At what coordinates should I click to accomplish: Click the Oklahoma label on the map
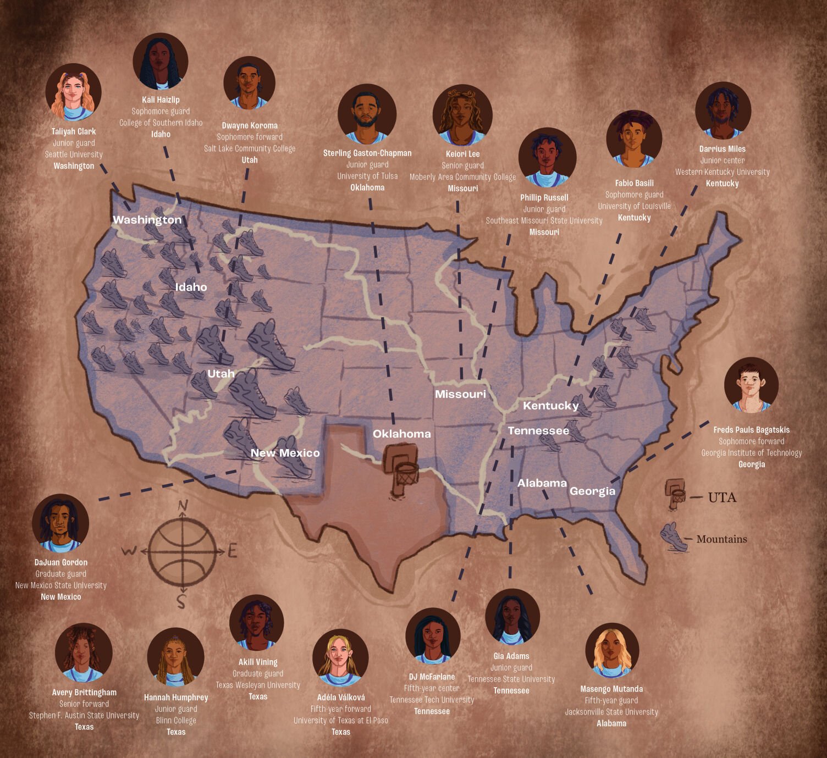point(401,434)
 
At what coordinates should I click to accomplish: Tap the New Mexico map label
point(285,453)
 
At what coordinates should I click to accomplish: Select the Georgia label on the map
point(592,491)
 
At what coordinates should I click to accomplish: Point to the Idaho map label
point(191,287)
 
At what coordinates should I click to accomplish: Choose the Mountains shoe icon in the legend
point(675,537)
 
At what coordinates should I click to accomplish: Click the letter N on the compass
point(183,506)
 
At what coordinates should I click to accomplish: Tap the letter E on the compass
point(232,551)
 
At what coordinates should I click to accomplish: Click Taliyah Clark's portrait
point(73,92)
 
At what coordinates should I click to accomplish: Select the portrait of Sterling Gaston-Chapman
point(367,114)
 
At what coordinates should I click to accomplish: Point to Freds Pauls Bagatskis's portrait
point(751,385)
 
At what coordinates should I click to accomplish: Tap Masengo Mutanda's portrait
point(611,650)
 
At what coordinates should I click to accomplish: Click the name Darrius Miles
point(722,149)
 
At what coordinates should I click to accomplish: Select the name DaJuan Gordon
point(61,562)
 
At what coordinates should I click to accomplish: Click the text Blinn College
point(176,720)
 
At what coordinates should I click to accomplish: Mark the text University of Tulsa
point(367,176)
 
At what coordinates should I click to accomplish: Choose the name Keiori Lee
point(462,154)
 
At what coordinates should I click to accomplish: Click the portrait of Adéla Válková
point(340,657)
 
